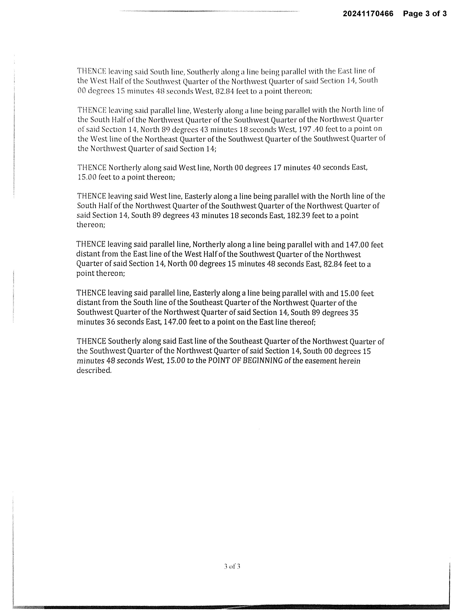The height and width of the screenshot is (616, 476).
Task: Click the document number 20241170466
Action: [368, 14]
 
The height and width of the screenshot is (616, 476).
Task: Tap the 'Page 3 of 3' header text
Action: [425, 14]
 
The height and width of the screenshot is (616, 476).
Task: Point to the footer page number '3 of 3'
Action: [232, 566]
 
